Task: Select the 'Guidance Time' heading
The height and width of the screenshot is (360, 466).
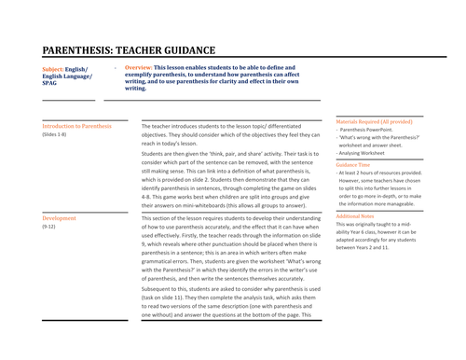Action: click(357, 164)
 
